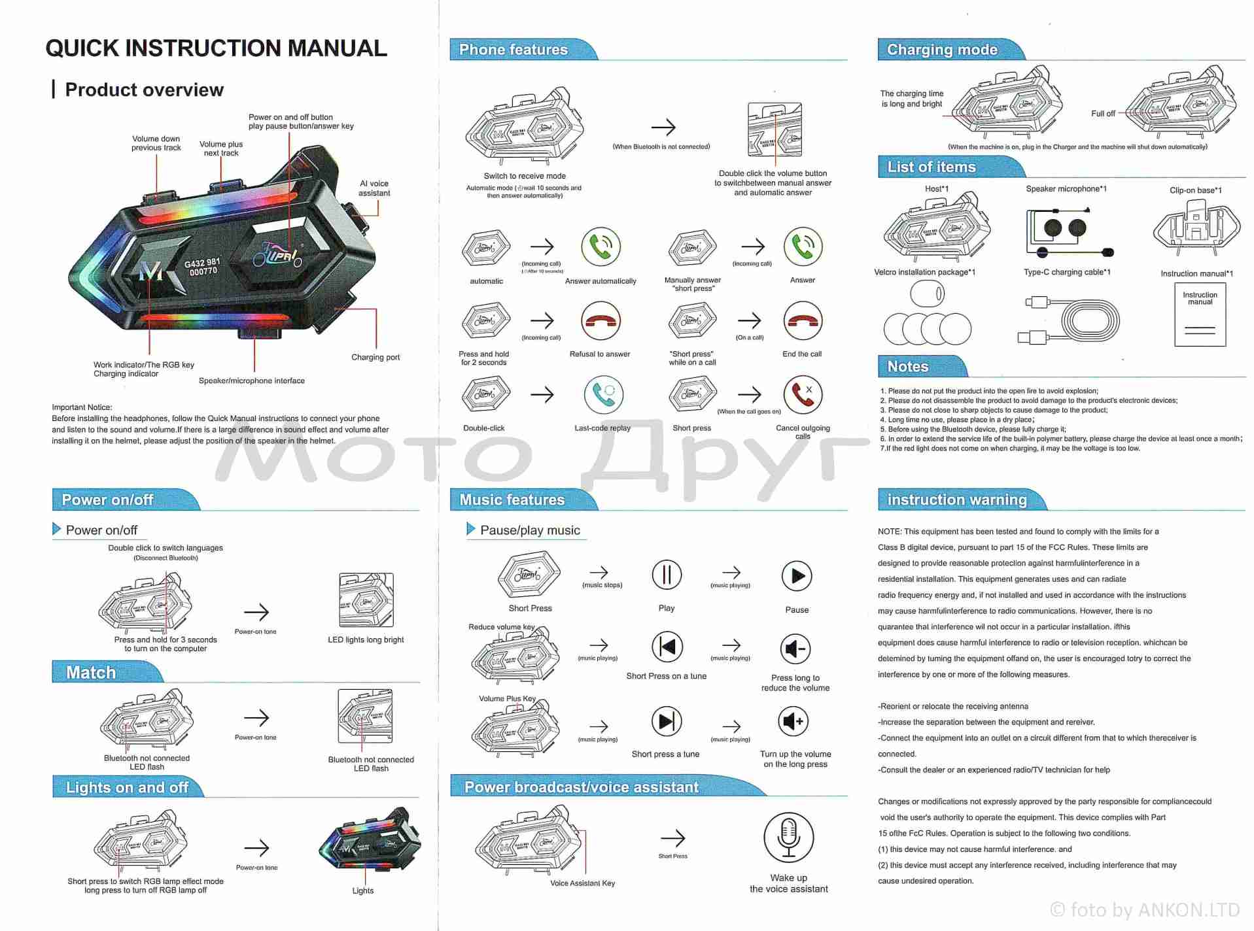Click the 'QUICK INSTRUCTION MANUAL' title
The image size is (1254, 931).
216,48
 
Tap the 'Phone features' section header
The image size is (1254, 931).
514,50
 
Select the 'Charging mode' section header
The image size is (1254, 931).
942,50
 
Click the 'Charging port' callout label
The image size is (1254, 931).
375,357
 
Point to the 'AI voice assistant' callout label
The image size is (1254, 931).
374,188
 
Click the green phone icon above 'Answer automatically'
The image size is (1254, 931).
601,246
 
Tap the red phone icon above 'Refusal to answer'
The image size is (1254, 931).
601,321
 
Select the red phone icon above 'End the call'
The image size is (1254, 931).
803,321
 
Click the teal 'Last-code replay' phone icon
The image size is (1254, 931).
603,394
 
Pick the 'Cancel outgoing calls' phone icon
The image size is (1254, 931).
803,394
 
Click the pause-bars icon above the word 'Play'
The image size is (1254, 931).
667,575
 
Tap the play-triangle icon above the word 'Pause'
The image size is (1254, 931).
797,576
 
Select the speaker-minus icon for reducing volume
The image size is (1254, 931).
795,649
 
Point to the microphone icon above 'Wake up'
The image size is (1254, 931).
789,838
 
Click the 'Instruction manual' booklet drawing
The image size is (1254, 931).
1200,314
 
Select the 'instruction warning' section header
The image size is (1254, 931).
956,500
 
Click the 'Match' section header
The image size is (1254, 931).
91,673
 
